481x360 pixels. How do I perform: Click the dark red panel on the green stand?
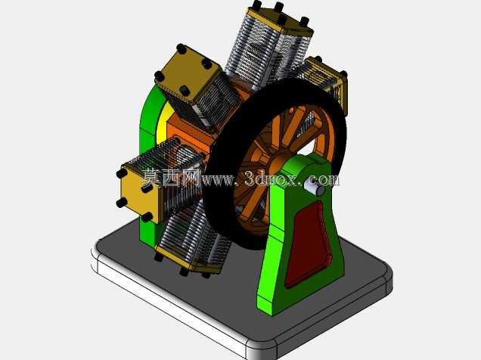coord(309,245)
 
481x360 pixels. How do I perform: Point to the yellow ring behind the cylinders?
coord(161,123)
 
